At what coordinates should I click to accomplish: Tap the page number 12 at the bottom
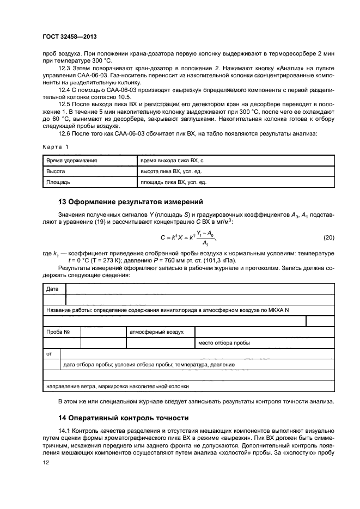tap(46, 463)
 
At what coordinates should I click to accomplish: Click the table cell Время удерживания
tap(72, 160)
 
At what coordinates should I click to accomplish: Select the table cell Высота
tap(56, 171)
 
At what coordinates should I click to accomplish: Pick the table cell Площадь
tap(59, 183)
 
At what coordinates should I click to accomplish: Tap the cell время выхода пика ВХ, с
tap(172, 160)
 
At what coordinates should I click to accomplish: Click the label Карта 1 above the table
tap(56, 147)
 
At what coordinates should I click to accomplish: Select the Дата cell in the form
tap(52, 289)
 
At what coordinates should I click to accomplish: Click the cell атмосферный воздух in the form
tap(156, 332)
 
